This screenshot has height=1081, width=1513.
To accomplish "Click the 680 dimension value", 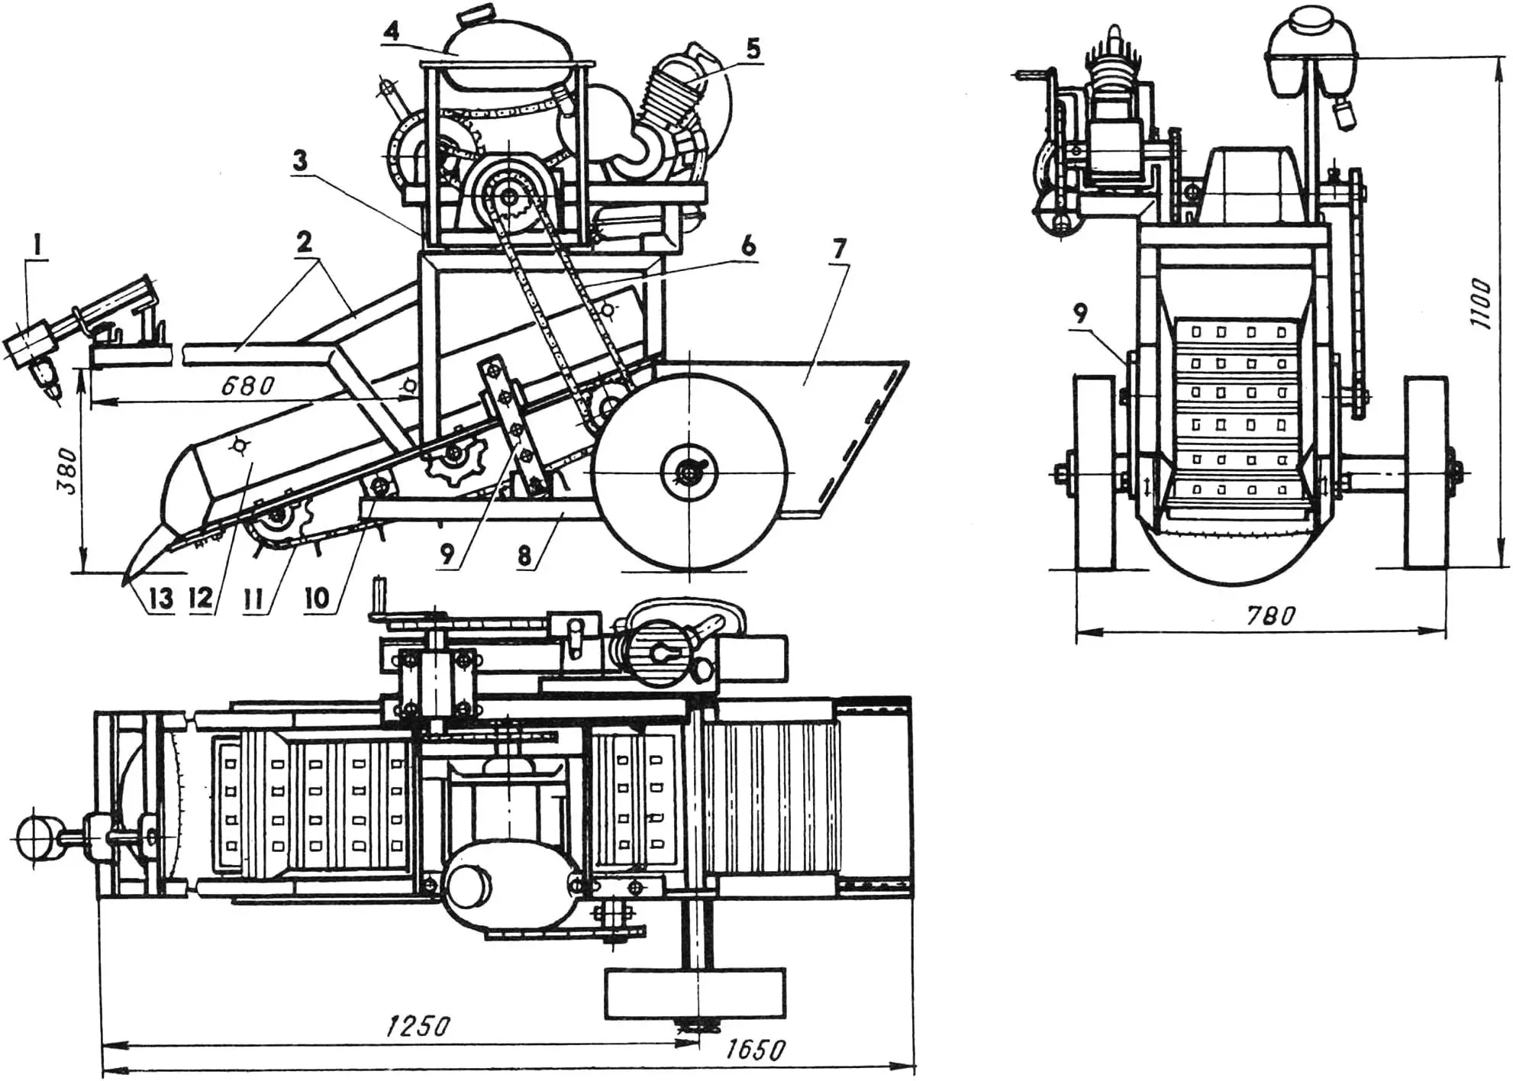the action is pyautogui.click(x=247, y=386).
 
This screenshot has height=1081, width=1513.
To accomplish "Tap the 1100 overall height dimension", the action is pyautogui.click(x=1479, y=304).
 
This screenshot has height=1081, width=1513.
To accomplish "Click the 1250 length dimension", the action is pyautogui.click(x=417, y=1025).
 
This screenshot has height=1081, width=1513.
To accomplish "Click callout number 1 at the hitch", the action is pyautogui.click(x=38, y=245).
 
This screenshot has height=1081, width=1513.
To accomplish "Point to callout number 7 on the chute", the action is pyautogui.click(x=839, y=249).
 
